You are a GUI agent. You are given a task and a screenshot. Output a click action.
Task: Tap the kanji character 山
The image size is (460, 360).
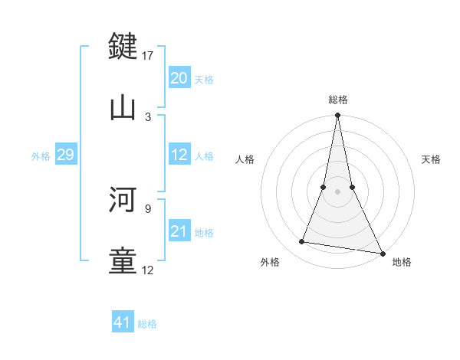123,107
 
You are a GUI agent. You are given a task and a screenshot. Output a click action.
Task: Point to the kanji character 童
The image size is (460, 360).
123,260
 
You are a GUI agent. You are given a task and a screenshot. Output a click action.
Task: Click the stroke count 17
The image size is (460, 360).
148,55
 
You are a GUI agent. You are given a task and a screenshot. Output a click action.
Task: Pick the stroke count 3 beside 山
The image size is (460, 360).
148,116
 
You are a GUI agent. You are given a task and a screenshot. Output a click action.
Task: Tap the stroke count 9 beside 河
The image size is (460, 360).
148,208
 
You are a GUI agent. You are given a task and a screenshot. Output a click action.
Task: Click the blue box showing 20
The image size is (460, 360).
179,77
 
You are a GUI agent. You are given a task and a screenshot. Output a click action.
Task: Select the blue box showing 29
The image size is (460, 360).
65,155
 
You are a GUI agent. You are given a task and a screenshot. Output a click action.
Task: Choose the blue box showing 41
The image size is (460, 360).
123,322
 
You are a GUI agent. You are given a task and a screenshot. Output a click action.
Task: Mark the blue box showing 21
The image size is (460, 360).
179,231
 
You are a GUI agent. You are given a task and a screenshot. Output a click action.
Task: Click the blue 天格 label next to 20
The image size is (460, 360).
204,79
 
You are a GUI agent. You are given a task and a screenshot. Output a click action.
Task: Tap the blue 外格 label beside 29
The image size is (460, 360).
41,155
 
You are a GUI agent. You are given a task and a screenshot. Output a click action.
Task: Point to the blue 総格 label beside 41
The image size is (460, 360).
147,324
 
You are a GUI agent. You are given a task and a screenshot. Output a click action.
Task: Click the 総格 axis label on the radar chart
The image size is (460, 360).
338,100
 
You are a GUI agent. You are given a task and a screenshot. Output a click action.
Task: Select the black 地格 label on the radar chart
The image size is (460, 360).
402,262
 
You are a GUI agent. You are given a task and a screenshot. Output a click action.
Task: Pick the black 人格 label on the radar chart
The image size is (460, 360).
245,159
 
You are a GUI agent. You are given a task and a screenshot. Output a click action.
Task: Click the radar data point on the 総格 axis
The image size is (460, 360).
337,116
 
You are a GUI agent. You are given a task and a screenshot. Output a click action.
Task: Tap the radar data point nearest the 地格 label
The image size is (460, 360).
382,253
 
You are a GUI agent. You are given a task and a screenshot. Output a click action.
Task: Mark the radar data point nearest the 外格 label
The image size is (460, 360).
302,242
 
